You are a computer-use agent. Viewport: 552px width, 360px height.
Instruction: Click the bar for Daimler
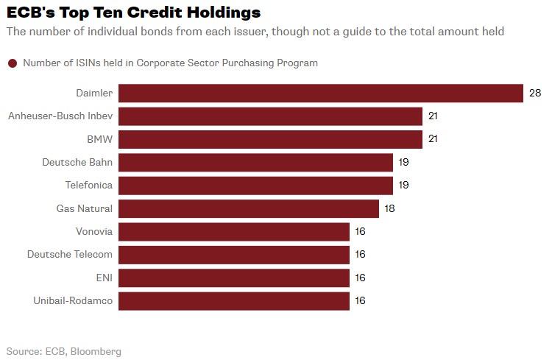321,93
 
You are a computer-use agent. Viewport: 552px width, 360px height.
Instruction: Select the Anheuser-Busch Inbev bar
270,116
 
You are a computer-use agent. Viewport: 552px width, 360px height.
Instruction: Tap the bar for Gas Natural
249,208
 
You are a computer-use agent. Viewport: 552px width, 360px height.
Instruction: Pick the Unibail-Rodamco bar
234,300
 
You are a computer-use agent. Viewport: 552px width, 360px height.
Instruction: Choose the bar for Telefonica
255,186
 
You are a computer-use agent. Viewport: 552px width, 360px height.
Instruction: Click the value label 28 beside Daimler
535,93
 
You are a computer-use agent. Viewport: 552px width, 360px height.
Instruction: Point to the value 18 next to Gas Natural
389,208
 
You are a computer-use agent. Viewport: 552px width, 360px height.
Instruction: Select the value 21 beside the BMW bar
434,139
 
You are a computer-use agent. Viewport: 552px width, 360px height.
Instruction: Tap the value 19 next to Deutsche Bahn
403,162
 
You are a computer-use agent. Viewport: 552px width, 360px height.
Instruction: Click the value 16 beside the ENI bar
360,278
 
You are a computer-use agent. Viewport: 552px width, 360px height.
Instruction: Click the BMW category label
100,139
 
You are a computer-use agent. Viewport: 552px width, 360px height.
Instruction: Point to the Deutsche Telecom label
70,255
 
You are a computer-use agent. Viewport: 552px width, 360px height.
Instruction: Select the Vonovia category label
94,231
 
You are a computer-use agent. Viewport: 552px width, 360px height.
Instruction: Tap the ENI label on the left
103,278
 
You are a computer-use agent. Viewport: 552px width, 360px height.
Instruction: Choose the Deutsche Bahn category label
77,162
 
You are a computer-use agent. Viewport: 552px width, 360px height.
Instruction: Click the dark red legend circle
13,63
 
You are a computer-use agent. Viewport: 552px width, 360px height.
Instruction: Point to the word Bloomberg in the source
96,351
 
